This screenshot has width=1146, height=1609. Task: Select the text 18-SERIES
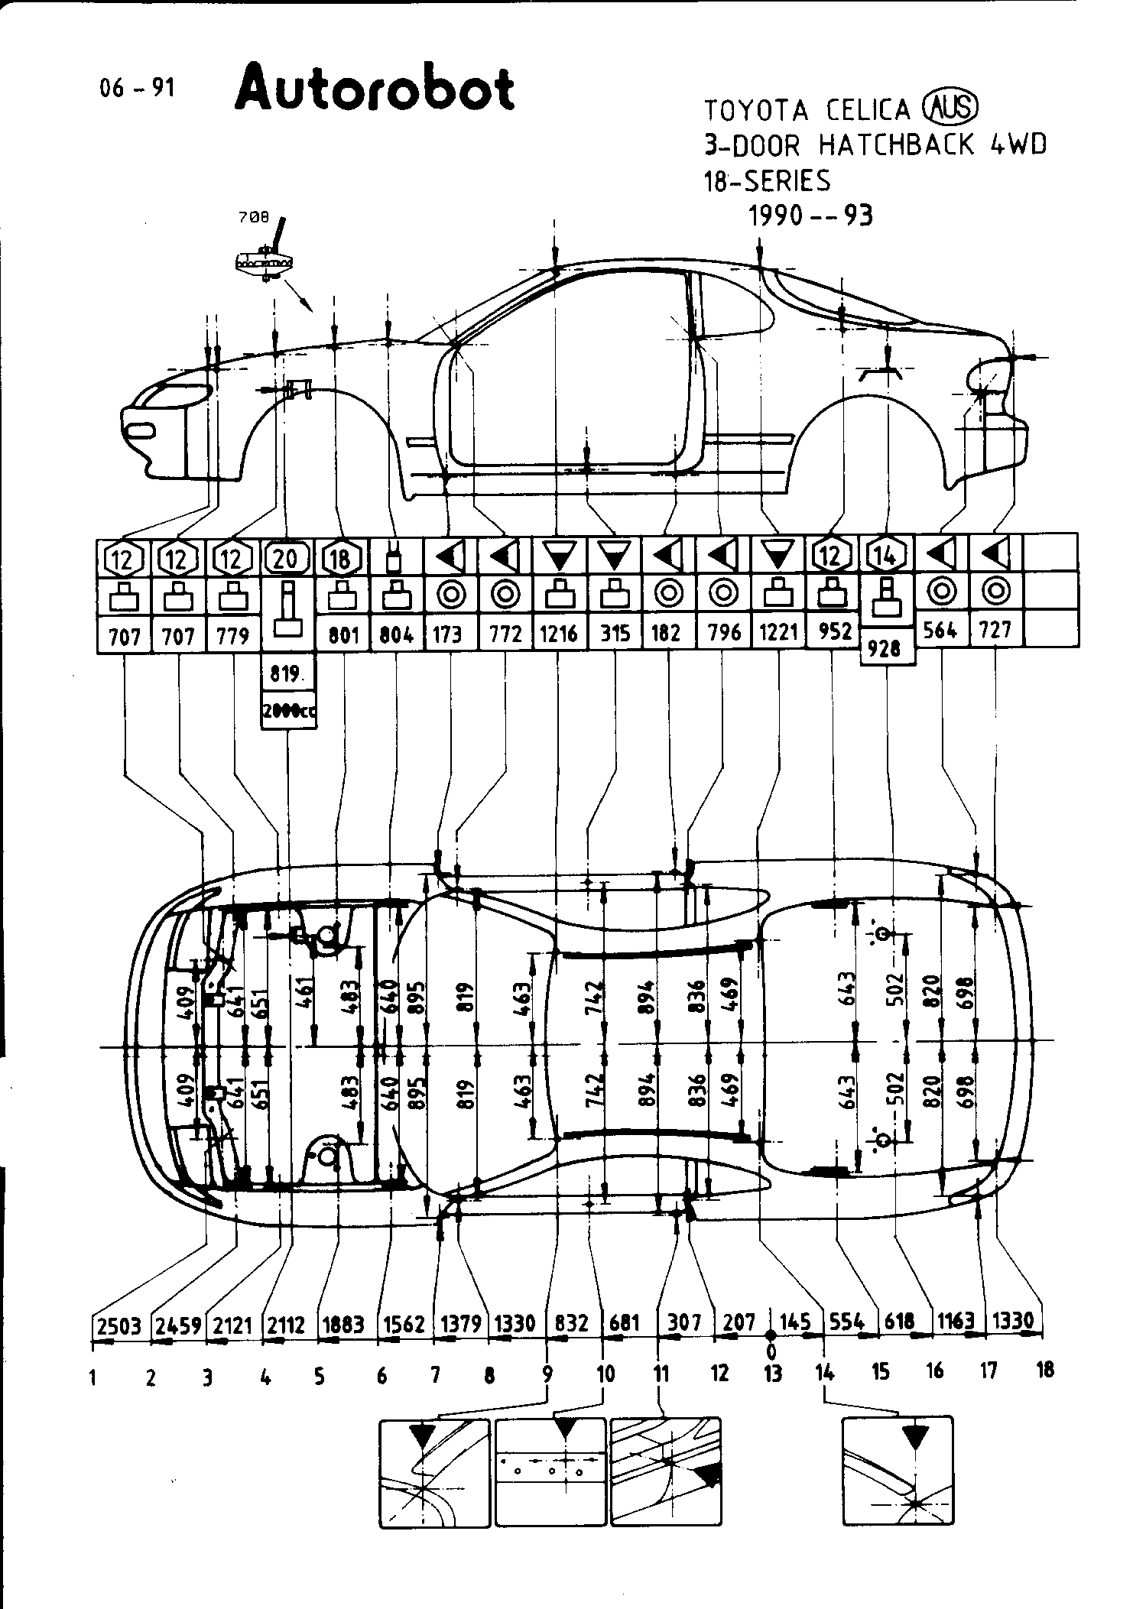click(766, 181)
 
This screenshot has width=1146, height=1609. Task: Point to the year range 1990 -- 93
click(810, 216)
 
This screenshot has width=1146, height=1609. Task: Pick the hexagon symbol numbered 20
click(284, 559)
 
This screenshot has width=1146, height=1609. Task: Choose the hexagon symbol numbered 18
click(340, 559)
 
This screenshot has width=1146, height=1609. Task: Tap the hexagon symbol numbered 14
click(886, 557)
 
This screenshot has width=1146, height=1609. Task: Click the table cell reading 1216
click(559, 634)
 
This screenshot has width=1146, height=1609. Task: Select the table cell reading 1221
click(779, 633)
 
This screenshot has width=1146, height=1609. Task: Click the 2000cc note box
click(288, 711)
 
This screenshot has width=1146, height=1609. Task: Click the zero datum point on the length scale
click(771, 1334)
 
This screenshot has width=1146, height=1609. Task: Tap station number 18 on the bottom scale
click(1044, 1370)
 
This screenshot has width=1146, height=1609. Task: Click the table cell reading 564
click(941, 630)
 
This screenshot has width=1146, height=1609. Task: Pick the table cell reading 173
click(448, 634)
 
